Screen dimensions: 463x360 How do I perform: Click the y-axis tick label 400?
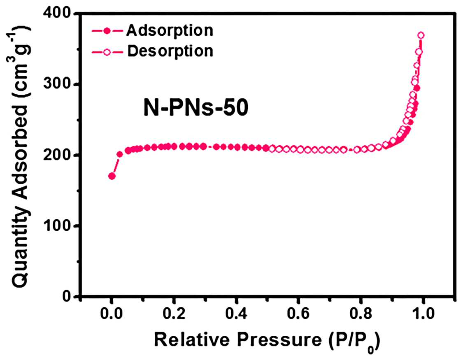point(57,14)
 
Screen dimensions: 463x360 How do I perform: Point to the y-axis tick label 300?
point(57,84)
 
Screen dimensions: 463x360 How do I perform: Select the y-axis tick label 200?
point(57,155)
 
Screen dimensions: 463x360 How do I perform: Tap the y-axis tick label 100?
point(57,226)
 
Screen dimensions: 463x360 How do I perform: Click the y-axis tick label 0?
point(67,296)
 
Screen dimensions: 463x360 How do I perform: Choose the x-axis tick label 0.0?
point(111,314)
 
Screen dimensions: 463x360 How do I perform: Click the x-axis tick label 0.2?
point(174,314)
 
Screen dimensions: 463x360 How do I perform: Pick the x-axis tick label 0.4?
point(236,314)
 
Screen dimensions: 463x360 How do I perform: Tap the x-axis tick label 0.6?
point(298,314)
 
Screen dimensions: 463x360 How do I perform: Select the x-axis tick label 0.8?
point(361,314)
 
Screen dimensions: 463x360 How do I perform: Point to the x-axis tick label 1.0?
point(423,314)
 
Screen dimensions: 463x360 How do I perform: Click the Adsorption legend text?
point(170,31)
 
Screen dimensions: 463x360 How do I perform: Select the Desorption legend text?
point(170,51)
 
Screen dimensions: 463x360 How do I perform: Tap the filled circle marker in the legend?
point(107,31)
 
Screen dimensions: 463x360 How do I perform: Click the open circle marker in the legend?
point(107,52)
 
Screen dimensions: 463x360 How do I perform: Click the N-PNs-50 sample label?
point(196,107)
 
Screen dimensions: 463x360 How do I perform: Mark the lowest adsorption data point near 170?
point(112,176)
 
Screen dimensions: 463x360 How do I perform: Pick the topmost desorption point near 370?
point(421,35)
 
